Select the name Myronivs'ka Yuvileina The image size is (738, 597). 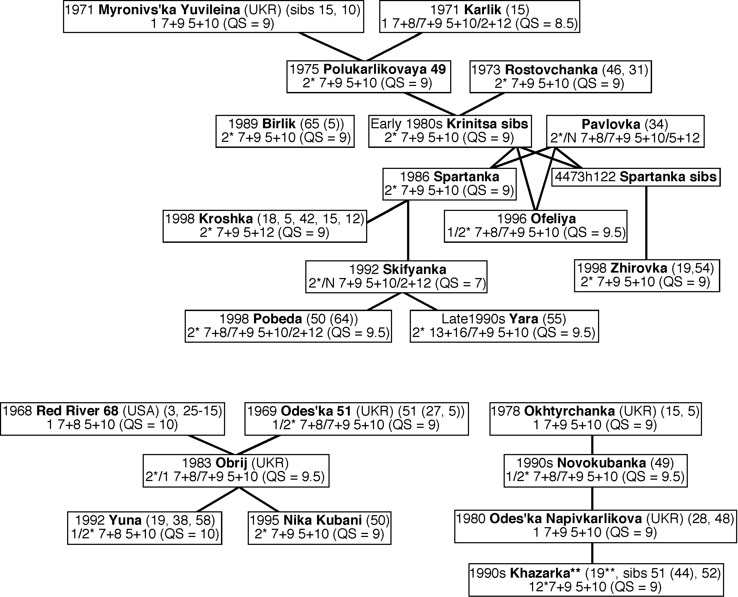coord(169,10)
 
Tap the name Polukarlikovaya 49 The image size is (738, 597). coord(384,70)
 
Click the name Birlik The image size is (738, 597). coord(279,124)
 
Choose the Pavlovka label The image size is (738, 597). coord(611,124)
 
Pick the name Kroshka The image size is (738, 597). coord(226,219)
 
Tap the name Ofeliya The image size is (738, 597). coord(553,219)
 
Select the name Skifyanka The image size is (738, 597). coord(414,269)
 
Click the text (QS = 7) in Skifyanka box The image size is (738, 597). coord(461,283)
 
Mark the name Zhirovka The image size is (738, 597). coord(639,268)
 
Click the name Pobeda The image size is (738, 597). coord(277,319)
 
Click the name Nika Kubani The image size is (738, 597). coord(322,520)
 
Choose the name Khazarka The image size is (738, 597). coord(545,573)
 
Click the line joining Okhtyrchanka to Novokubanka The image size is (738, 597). coord(592,445)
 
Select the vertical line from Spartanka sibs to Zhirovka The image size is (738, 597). coord(646,223)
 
